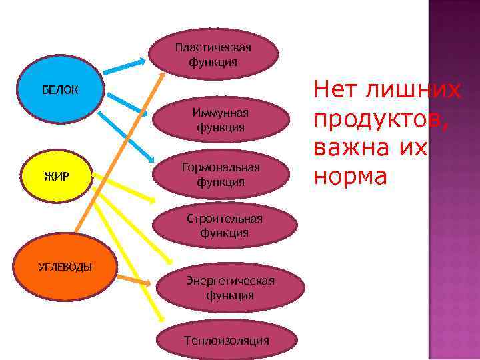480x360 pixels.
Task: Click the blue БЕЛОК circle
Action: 59,89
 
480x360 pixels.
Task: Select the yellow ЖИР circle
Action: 57,177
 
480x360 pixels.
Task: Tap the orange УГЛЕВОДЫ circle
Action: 65,267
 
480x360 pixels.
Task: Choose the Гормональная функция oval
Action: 220,174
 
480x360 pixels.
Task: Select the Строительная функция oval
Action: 225,226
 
